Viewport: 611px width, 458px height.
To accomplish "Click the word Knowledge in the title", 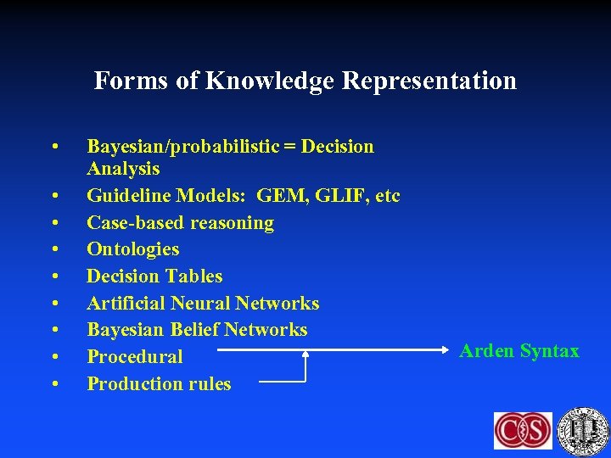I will point(270,81).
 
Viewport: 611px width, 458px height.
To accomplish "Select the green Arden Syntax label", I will point(519,351).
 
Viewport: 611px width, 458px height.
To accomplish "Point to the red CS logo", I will point(523,430).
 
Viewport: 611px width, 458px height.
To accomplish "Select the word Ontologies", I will point(133,249).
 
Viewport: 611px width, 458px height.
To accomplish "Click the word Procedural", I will point(135,357).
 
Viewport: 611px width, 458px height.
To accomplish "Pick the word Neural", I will point(202,304).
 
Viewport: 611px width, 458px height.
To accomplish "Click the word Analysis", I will point(123,169).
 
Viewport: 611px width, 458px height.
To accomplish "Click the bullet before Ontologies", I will point(54,250).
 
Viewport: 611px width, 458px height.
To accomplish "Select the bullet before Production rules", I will point(54,385).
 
